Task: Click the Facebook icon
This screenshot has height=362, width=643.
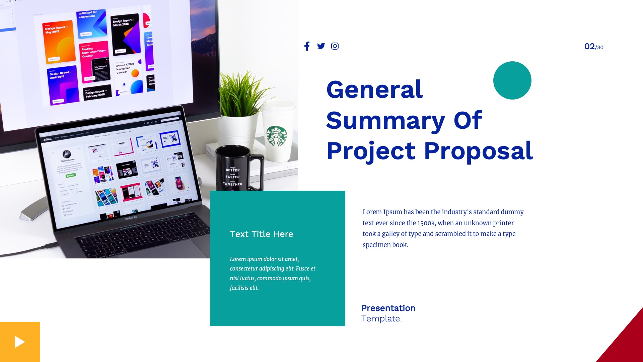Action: pyautogui.click(x=307, y=46)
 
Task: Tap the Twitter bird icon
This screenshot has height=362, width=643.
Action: pyautogui.click(x=321, y=46)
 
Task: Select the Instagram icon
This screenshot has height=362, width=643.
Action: pyautogui.click(x=335, y=46)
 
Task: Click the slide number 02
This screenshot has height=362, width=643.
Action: pyautogui.click(x=589, y=47)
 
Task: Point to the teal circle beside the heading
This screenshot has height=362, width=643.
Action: pyautogui.click(x=512, y=80)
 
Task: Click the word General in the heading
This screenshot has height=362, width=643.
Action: pyautogui.click(x=374, y=90)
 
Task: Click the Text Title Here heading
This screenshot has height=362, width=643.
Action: pyautogui.click(x=262, y=234)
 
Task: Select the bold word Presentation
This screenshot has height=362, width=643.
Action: pyautogui.click(x=388, y=308)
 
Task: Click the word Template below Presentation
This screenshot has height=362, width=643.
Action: pyautogui.click(x=381, y=319)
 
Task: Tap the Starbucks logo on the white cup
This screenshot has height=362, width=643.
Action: pyautogui.click(x=277, y=136)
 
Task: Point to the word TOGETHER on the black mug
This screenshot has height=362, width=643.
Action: pyautogui.click(x=232, y=184)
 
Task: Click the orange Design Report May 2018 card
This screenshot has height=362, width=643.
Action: pyautogui.click(x=59, y=42)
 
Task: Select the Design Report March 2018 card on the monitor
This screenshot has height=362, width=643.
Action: pyautogui.click(x=125, y=34)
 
